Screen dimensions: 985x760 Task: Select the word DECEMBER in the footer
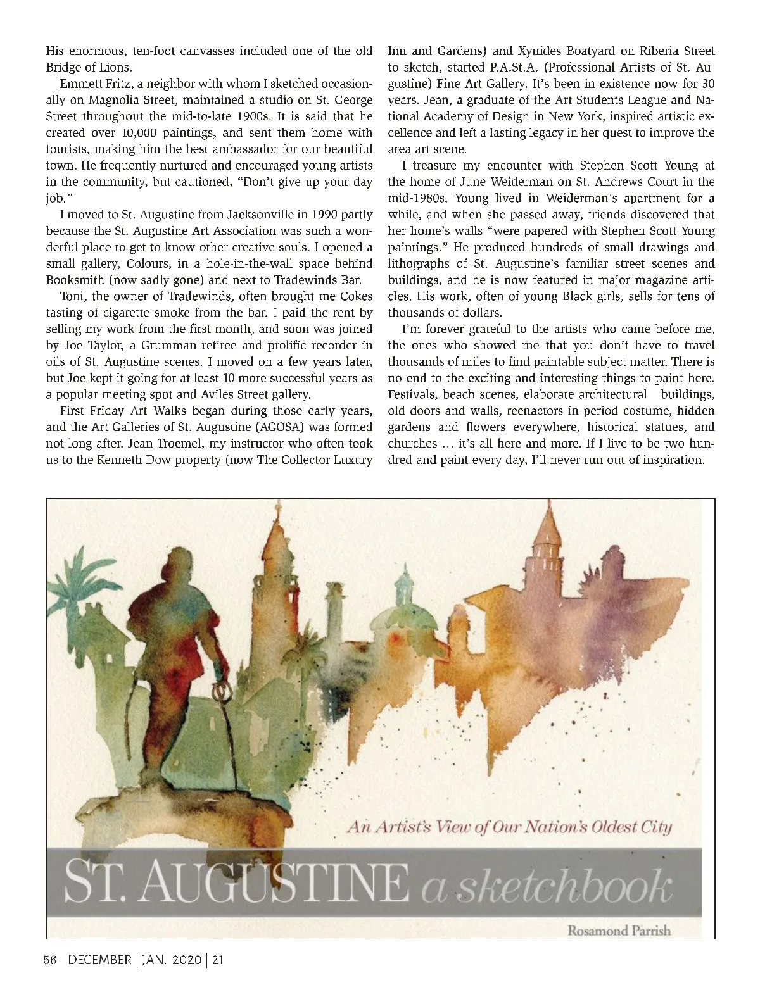(98, 960)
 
